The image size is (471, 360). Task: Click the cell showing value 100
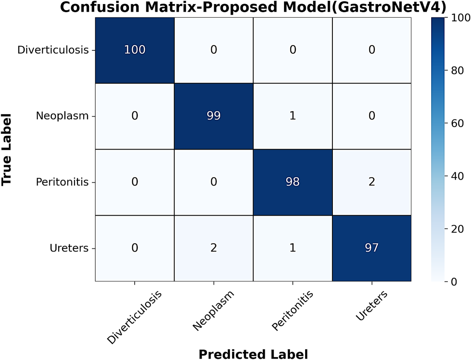[x=134, y=50]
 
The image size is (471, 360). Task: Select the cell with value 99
[x=214, y=116]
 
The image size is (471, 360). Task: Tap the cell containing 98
[x=293, y=182]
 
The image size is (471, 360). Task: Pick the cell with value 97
[x=372, y=248]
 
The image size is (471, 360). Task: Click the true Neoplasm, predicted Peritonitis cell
[x=293, y=116]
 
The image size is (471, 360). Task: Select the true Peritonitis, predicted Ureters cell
[x=372, y=182]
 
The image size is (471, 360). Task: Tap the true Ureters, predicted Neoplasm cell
[x=214, y=248]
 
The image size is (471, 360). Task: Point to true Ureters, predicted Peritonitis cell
[x=293, y=248]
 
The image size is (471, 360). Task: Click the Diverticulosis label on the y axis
[x=53, y=50]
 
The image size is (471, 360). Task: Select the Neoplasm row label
[x=62, y=116]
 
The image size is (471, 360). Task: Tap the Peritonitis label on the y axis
[x=62, y=182]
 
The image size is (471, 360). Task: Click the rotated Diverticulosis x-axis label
[x=134, y=317]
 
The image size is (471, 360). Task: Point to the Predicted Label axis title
[x=253, y=354]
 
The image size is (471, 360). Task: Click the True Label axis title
[x=6, y=150]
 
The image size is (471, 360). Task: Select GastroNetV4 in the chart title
[x=386, y=7]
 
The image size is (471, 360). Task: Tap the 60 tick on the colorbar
[x=457, y=123]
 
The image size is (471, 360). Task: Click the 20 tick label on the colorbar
[x=457, y=229]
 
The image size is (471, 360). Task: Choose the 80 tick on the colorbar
[x=457, y=70]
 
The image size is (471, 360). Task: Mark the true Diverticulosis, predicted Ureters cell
[x=372, y=50]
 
